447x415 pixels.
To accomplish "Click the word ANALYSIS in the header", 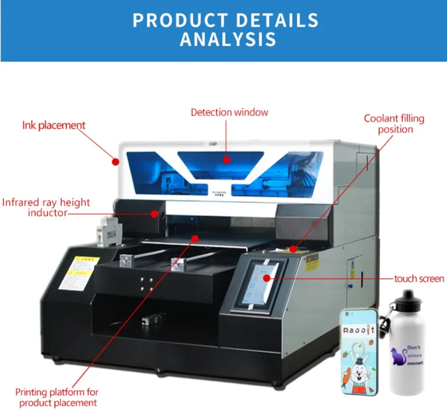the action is [228, 39].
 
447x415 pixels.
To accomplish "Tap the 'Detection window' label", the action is [229, 112].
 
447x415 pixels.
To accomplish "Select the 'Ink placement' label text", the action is [53, 125].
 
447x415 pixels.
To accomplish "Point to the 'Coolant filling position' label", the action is [394, 123].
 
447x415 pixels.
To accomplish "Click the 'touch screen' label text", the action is [419, 279].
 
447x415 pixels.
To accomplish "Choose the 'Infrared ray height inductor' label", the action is [46, 207].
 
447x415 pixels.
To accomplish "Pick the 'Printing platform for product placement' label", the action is [57, 397].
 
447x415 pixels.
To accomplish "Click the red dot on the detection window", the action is [226, 160].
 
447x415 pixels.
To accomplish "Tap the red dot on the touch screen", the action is [267, 279].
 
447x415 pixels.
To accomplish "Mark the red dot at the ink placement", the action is [115, 161].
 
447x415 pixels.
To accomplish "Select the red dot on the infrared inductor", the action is [154, 213].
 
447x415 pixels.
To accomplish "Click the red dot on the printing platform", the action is [195, 239].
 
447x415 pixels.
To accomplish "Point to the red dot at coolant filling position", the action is [293, 250].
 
